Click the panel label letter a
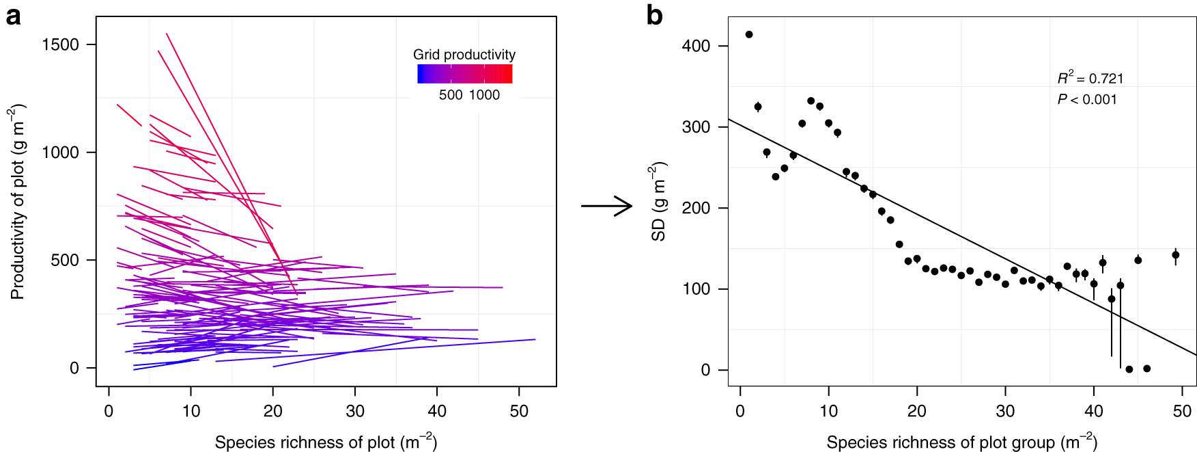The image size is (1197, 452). click(12, 16)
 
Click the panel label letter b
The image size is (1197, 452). click(654, 15)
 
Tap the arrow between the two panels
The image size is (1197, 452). click(607, 206)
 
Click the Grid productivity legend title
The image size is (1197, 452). click(464, 55)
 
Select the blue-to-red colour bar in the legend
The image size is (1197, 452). click(464, 74)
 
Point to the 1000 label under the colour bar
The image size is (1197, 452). click(484, 96)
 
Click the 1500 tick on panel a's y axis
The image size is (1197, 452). click(60, 44)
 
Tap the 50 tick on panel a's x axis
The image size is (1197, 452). click(519, 411)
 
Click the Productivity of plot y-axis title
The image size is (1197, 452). click(18, 202)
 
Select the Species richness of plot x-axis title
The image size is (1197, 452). click(326, 442)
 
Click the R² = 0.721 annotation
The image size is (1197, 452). click(1090, 78)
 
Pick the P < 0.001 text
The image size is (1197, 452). click(1087, 100)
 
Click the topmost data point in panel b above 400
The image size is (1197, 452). click(749, 34)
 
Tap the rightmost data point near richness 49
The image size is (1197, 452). click(1176, 255)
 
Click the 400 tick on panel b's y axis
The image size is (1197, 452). click(696, 46)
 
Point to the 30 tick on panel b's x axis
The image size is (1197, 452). click(1005, 411)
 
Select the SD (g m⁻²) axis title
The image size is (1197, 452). click(658, 202)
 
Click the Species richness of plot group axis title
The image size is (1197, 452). click(961, 442)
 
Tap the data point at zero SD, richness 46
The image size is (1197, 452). click(1146, 369)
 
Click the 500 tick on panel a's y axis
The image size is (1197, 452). click(65, 260)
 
